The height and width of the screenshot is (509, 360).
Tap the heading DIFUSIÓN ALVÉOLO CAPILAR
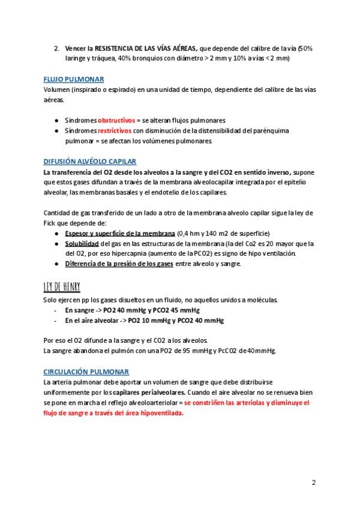click(90, 161)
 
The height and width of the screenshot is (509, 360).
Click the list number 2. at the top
click(56, 48)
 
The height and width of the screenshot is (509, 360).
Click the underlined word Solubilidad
click(82, 244)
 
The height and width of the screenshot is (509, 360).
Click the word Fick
click(51, 223)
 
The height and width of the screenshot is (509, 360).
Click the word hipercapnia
click(142, 253)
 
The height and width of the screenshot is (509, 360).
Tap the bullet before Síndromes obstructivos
click(56, 120)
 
